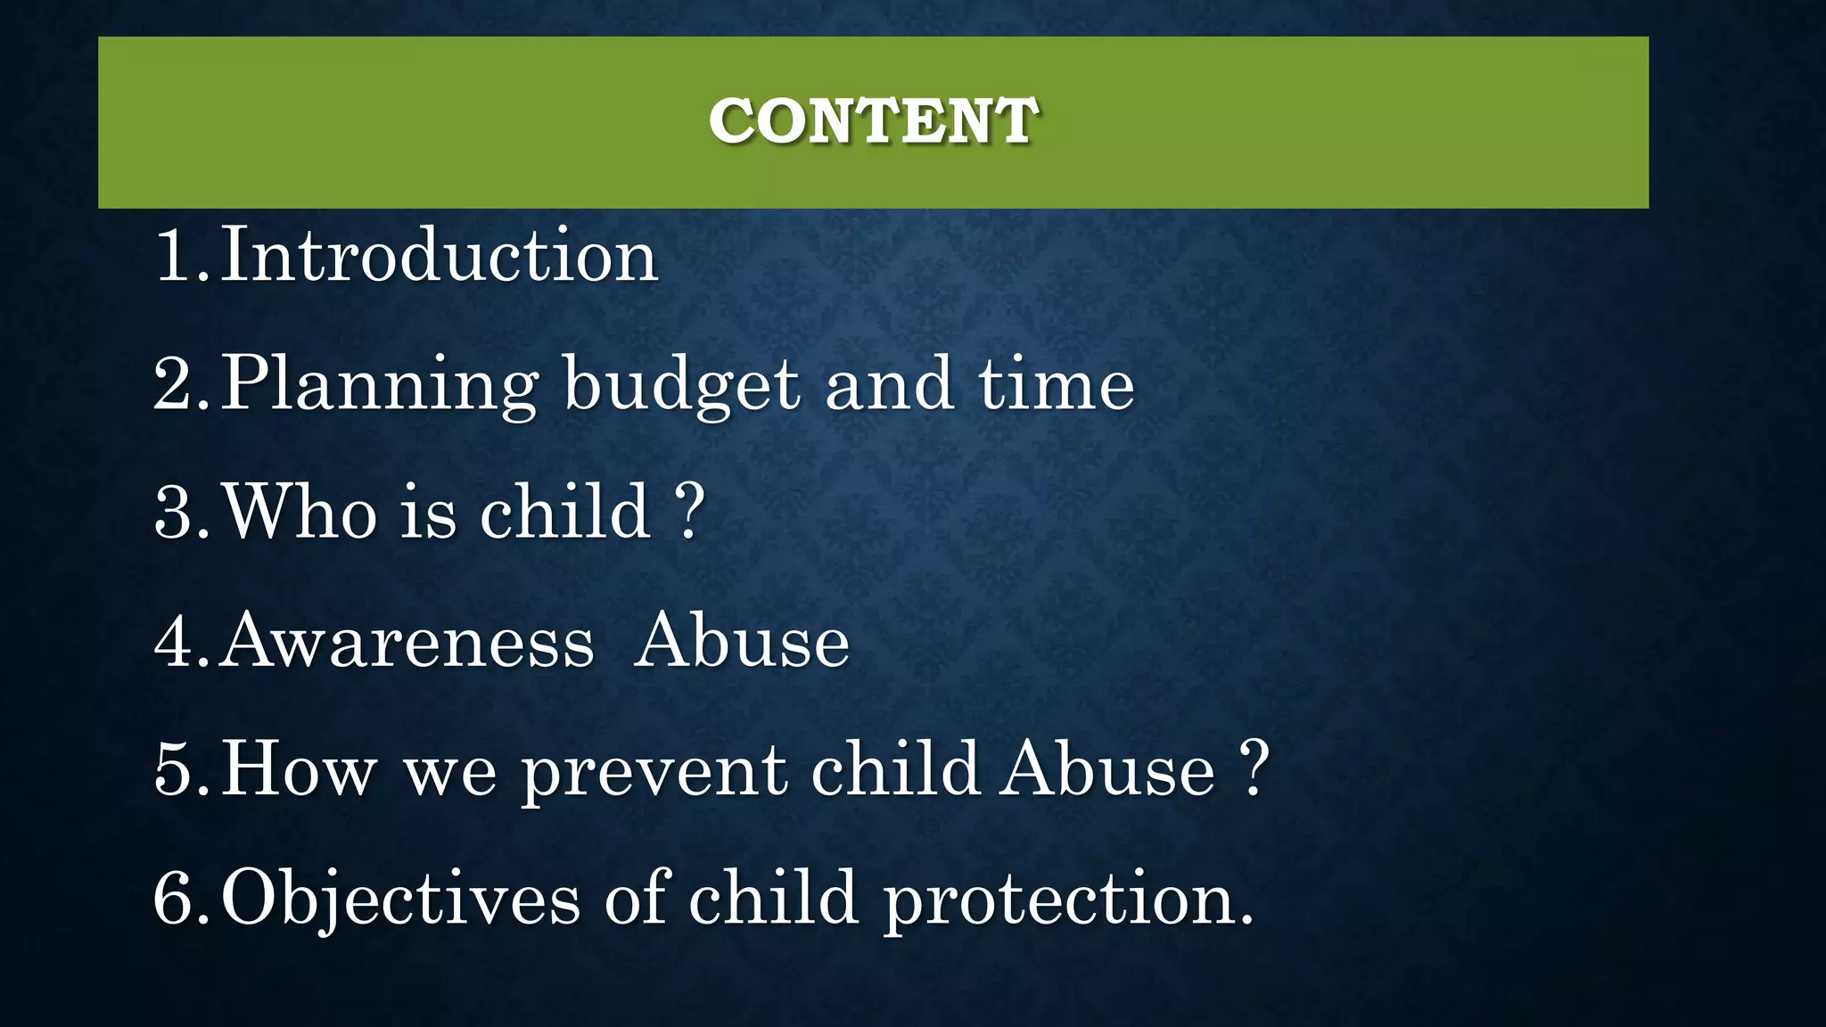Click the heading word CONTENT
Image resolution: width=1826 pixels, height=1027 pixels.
(x=873, y=120)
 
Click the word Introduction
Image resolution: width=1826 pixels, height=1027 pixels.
(x=439, y=256)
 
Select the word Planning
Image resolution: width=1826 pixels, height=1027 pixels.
(x=379, y=385)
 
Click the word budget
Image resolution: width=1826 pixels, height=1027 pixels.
(x=682, y=385)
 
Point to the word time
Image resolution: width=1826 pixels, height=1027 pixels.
(x=1057, y=383)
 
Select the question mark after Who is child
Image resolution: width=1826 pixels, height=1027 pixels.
(x=689, y=511)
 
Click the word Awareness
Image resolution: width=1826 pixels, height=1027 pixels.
(x=407, y=641)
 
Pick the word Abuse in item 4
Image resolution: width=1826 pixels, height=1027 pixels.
(x=742, y=641)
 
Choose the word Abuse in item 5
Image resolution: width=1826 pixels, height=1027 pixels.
(x=1106, y=769)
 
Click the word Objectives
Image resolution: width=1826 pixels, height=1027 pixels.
(x=401, y=899)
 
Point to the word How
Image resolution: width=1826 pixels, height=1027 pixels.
(x=299, y=769)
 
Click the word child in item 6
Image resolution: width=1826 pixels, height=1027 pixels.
(x=773, y=897)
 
